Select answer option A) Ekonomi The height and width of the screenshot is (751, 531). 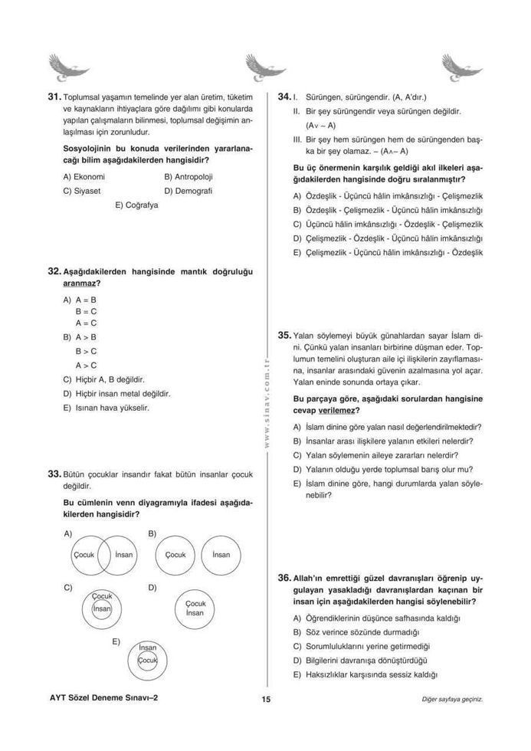point(84,176)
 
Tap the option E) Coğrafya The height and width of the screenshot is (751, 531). point(136,205)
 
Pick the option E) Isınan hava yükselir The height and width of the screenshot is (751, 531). point(106,408)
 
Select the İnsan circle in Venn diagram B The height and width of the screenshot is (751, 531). point(221,554)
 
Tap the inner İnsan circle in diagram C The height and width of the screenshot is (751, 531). point(101,608)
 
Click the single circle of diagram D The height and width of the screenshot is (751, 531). point(195,608)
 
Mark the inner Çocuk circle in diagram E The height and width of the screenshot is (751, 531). point(147,660)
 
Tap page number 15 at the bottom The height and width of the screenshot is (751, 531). point(265,699)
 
